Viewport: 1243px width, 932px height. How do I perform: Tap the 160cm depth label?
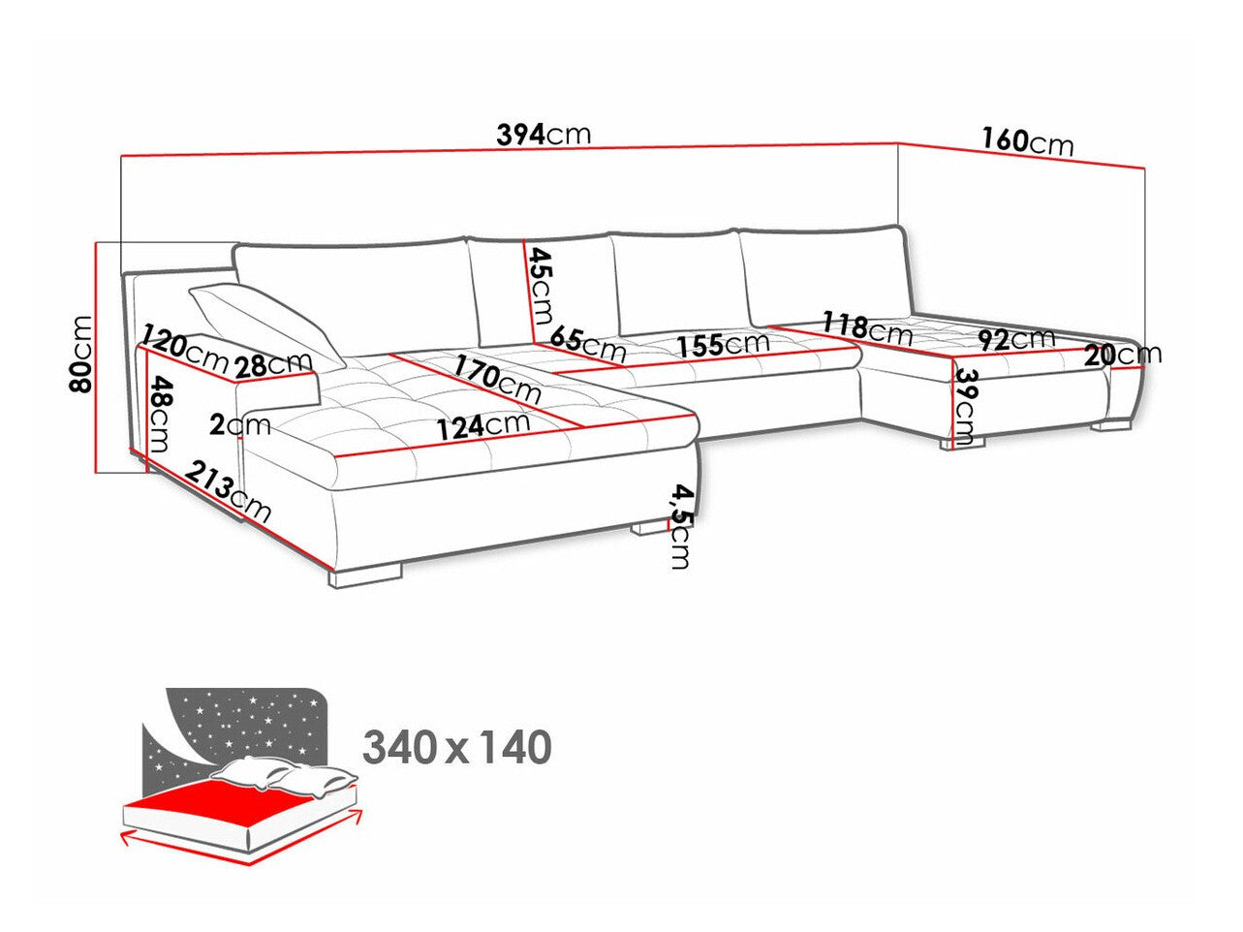pos(1026,141)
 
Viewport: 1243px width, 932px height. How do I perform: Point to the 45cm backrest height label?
pos(539,285)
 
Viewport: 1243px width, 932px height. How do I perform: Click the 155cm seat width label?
pos(721,344)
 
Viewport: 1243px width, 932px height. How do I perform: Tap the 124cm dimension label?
pos(482,425)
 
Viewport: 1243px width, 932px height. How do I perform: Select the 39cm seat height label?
pos(965,407)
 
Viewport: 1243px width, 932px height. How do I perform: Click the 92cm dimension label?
pos(1015,339)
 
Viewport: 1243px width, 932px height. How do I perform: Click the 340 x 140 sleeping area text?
pos(457,747)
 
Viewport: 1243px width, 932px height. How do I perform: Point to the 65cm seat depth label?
pos(587,342)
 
